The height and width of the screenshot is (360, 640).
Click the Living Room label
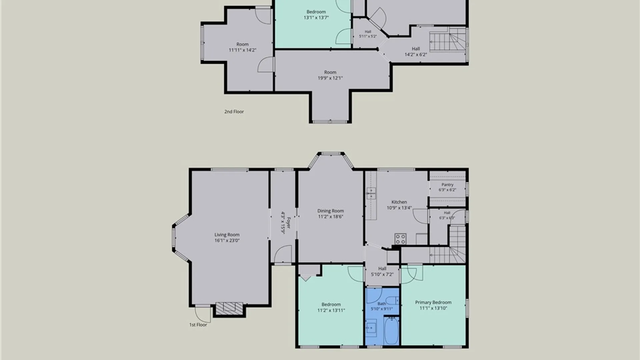(227, 235)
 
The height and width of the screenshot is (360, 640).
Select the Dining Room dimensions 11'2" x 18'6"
(330, 217)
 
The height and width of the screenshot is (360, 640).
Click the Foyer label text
(289, 223)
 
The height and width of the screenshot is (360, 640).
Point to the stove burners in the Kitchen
(400, 239)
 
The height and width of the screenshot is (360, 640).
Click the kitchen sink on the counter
(371, 193)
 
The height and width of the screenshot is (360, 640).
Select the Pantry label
(447, 185)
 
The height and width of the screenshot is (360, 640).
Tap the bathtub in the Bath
(391, 331)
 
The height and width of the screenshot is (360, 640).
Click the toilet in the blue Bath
(395, 300)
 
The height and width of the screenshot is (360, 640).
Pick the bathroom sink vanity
(371, 328)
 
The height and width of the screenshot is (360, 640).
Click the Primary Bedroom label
(433, 302)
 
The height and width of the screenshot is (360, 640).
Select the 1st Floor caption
(198, 325)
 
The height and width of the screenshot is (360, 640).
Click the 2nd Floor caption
(234, 112)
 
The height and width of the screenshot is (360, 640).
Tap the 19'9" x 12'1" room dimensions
(330, 78)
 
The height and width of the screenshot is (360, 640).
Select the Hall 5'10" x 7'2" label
(382, 271)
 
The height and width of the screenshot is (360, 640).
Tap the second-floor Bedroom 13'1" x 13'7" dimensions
(316, 18)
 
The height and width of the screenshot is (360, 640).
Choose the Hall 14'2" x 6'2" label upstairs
(416, 52)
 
